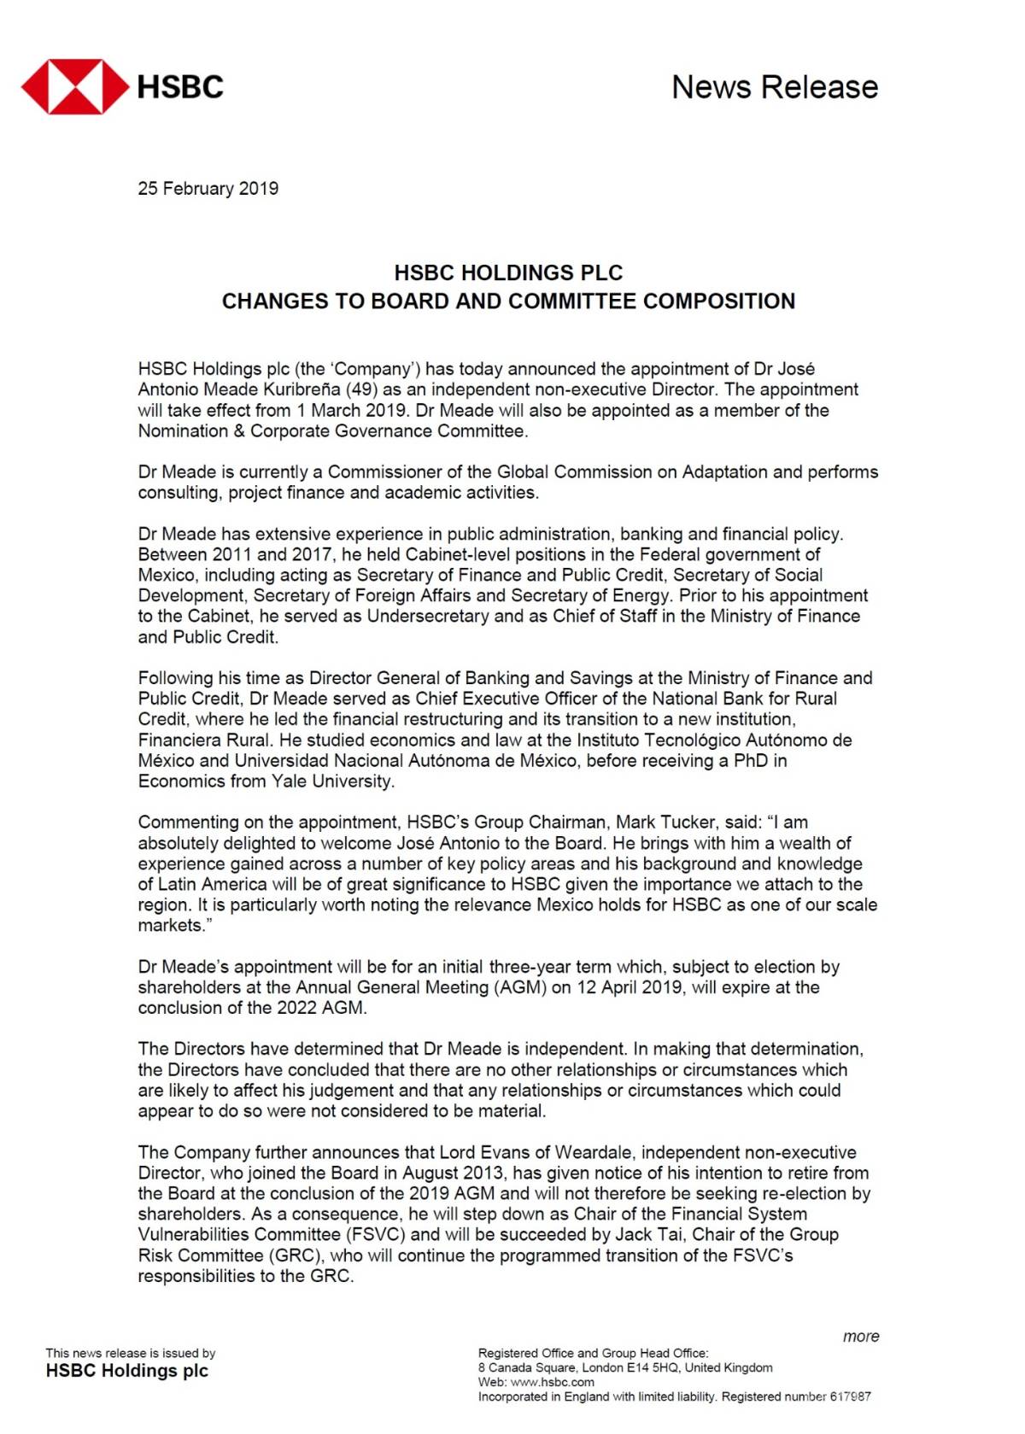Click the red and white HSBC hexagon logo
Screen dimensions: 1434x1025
75,86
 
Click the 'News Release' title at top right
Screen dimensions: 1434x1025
774,87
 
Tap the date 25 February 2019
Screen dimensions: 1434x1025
208,189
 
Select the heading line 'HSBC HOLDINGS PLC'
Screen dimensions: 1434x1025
508,273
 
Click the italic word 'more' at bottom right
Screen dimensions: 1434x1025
860,1337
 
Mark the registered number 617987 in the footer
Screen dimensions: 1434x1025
850,1396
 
